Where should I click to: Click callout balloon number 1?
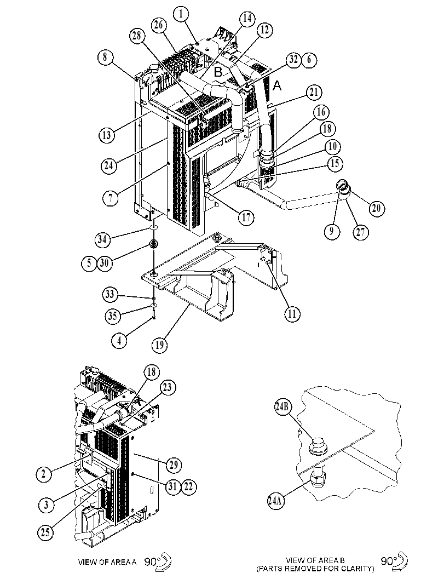181,14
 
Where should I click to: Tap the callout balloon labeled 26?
159,26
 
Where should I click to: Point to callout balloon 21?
314,93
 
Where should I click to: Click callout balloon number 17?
246,217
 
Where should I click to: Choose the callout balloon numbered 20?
376,208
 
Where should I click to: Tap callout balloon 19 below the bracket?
159,345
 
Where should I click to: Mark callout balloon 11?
292,314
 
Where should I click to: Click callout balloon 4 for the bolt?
119,341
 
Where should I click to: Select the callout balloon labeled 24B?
284,408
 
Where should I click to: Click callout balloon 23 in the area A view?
168,388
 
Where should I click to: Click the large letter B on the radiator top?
218,72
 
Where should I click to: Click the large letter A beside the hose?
277,85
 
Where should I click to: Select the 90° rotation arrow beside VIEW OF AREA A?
164,561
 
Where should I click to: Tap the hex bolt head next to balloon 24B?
316,445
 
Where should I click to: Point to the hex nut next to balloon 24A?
318,479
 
